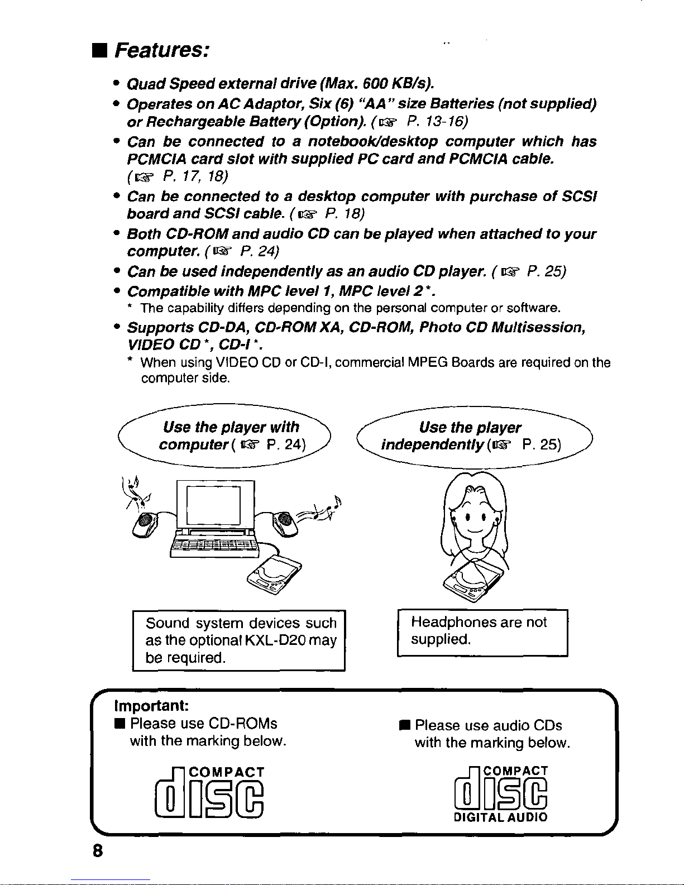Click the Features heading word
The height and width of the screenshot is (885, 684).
(162, 50)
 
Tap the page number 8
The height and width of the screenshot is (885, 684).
(98, 850)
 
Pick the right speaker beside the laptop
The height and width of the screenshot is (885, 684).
(285, 524)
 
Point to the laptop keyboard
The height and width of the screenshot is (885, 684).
(214, 546)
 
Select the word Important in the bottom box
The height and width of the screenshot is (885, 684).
(151, 705)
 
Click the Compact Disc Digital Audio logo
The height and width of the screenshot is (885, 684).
(501, 794)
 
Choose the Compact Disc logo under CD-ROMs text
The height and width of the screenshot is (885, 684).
(209, 792)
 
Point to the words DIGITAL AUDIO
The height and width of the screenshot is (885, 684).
(501, 817)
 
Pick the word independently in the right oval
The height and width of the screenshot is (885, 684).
(432, 444)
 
